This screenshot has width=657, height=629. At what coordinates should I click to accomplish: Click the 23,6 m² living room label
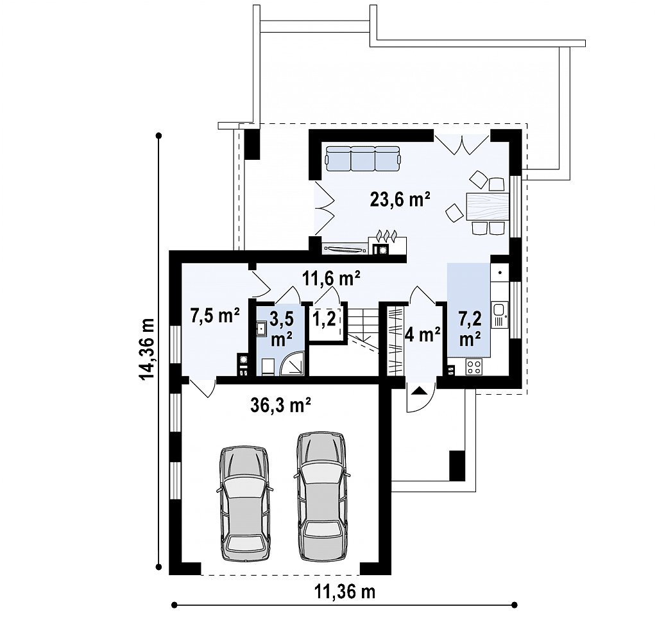400,200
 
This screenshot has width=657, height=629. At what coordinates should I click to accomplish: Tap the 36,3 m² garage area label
280,405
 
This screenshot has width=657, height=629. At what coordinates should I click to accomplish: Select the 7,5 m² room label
215,315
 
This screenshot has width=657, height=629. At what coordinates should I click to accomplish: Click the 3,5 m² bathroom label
281,329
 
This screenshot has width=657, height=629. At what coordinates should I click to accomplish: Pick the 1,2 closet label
324,320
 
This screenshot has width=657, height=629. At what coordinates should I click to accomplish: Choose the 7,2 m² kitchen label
470,329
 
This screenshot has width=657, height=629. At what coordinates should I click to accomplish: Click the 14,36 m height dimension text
147,349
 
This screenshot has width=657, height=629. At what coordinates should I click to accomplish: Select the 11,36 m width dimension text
345,592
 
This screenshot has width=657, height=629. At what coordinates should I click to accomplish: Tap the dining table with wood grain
488,206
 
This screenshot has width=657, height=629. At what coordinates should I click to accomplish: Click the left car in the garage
244,503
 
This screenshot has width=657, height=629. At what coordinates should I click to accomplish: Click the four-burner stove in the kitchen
474,367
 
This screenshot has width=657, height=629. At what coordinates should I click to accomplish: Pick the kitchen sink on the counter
499,311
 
